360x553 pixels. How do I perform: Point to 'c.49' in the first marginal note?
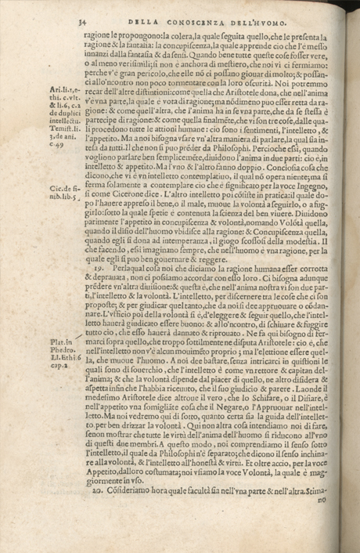[x=55, y=144]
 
